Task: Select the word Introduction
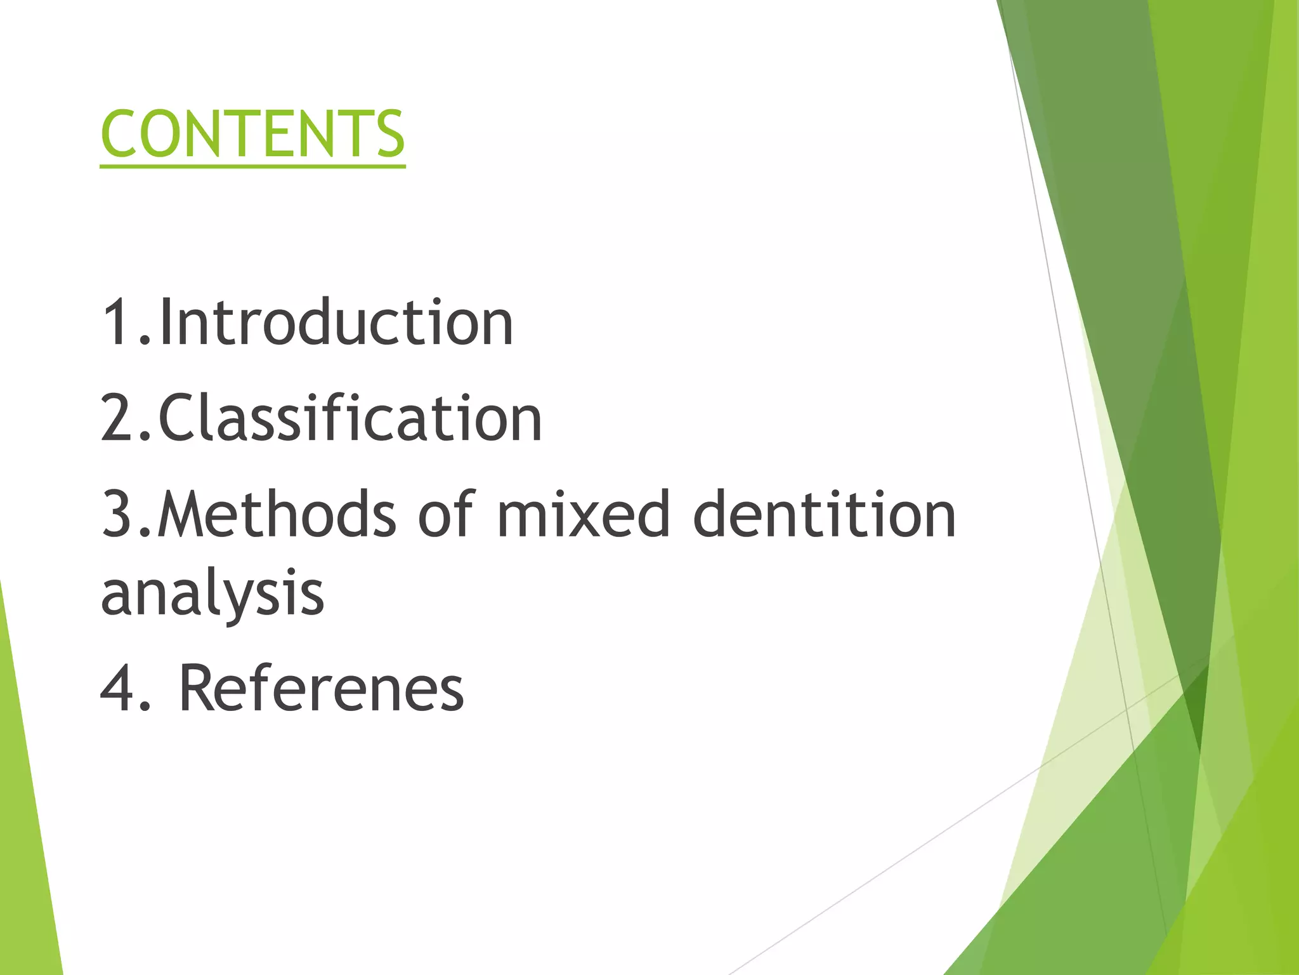coord(336,323)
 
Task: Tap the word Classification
coord(350,418)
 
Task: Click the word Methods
coord(277,514)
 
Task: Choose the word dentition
coord(824,514)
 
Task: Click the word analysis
coord(212,593)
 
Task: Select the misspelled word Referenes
coord(322,688)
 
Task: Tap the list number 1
coord(117,323)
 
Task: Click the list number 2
coord(117,418)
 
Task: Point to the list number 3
coord(117,514)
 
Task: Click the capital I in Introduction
coord(166,323)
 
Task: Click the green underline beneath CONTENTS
coord(252,166)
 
